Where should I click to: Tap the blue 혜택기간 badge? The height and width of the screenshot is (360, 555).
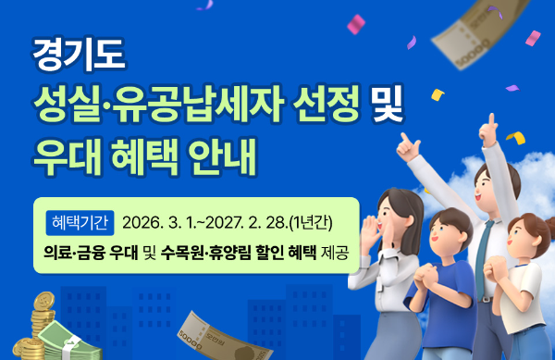pos(80,222)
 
